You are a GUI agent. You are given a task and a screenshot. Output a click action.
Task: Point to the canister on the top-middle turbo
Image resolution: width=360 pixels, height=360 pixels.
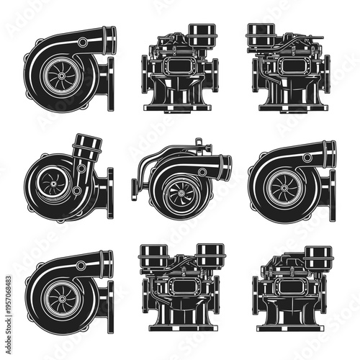(x=198, y=35)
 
